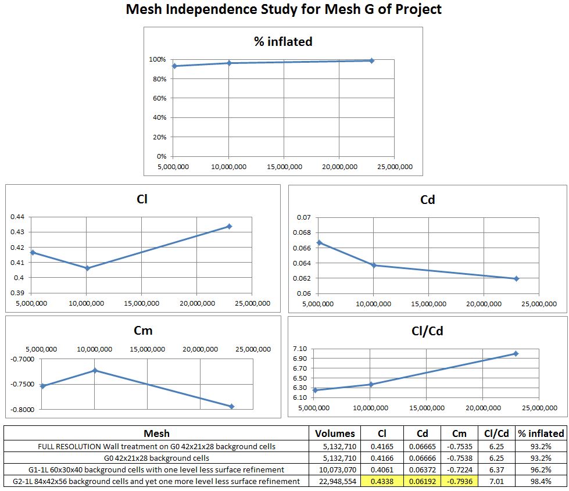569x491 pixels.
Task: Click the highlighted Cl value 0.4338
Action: tap(381, 481)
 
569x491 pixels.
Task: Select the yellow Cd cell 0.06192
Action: tap(420, 481)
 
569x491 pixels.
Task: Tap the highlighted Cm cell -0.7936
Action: tap(459, 481)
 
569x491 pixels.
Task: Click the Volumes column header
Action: tap(335, 433)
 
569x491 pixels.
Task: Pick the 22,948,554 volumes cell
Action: tap(335, 481)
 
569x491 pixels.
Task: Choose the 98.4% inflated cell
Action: tap(541, 481)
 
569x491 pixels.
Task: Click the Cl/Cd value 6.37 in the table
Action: tap(496, 470)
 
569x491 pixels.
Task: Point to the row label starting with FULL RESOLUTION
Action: tap(156, 446)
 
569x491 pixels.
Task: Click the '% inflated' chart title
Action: tap(283, 42)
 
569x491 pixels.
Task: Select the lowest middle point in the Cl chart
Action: tap(87, 268)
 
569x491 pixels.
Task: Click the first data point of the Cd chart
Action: tap(319, 242)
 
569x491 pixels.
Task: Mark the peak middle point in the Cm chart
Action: tap(95, 370)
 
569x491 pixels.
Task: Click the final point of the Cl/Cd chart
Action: tap(516, 353)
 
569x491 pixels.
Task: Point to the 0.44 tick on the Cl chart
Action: tap(17, 217)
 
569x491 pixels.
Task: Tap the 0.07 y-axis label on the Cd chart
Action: tap(304, 217)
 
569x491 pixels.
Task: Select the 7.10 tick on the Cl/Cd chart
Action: tap(299, 349)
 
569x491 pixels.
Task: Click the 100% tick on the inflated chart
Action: tap(158, 59)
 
